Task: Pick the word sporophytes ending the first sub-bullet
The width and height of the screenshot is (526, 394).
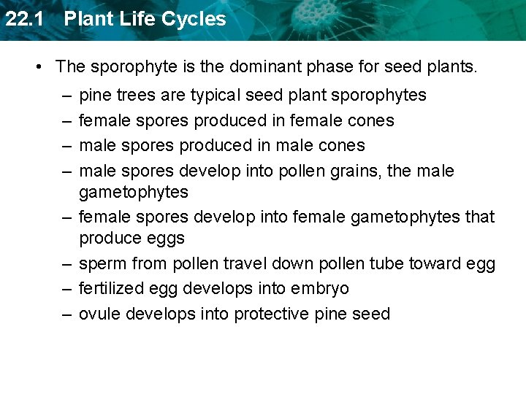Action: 382,96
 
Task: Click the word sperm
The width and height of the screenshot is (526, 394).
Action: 102,263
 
